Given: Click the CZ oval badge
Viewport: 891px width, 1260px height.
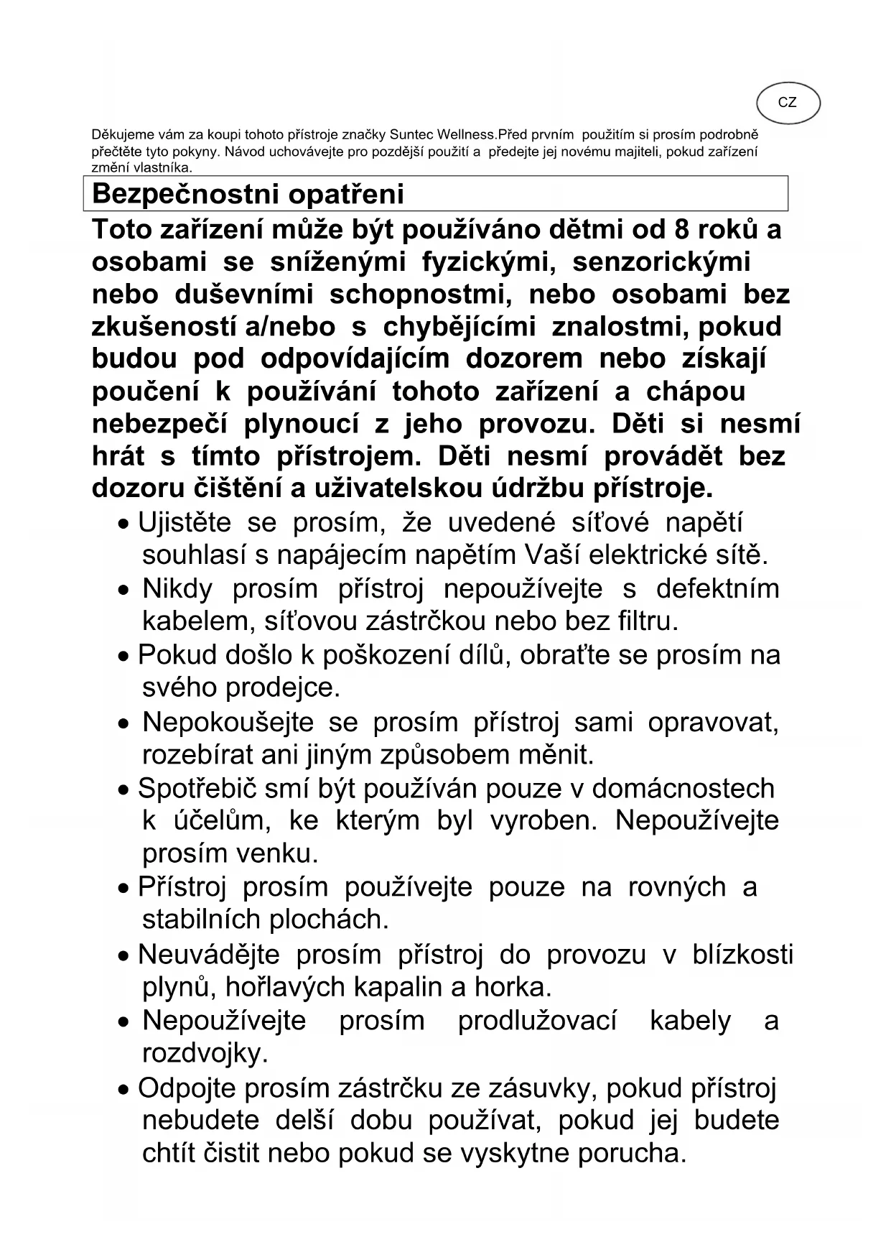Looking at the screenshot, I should pos(788,103).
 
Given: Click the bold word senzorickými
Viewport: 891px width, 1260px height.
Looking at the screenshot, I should pos(661,261).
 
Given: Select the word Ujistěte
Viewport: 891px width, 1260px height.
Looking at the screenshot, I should pos(184,522).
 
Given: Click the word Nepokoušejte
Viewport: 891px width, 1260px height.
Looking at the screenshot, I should pos(228,722).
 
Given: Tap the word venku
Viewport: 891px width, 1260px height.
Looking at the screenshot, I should pos(280,853).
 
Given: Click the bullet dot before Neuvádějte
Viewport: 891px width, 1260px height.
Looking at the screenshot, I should pos(125,957).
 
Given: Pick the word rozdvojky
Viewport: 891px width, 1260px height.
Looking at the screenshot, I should pos(205,1054).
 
